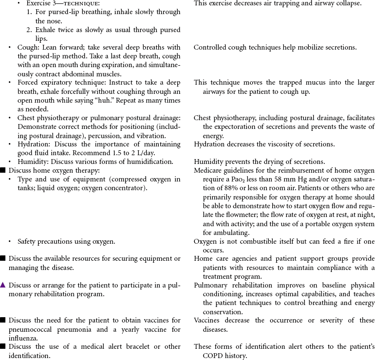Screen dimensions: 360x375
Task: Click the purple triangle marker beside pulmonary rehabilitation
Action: (3, 285)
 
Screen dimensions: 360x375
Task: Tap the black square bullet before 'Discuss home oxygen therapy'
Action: (3, 170)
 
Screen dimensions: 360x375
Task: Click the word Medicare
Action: (208, 170)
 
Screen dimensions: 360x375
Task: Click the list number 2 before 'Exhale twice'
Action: (29, 30)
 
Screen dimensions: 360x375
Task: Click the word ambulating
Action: (218, 233)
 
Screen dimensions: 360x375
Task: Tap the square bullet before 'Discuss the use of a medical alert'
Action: (3, 346)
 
